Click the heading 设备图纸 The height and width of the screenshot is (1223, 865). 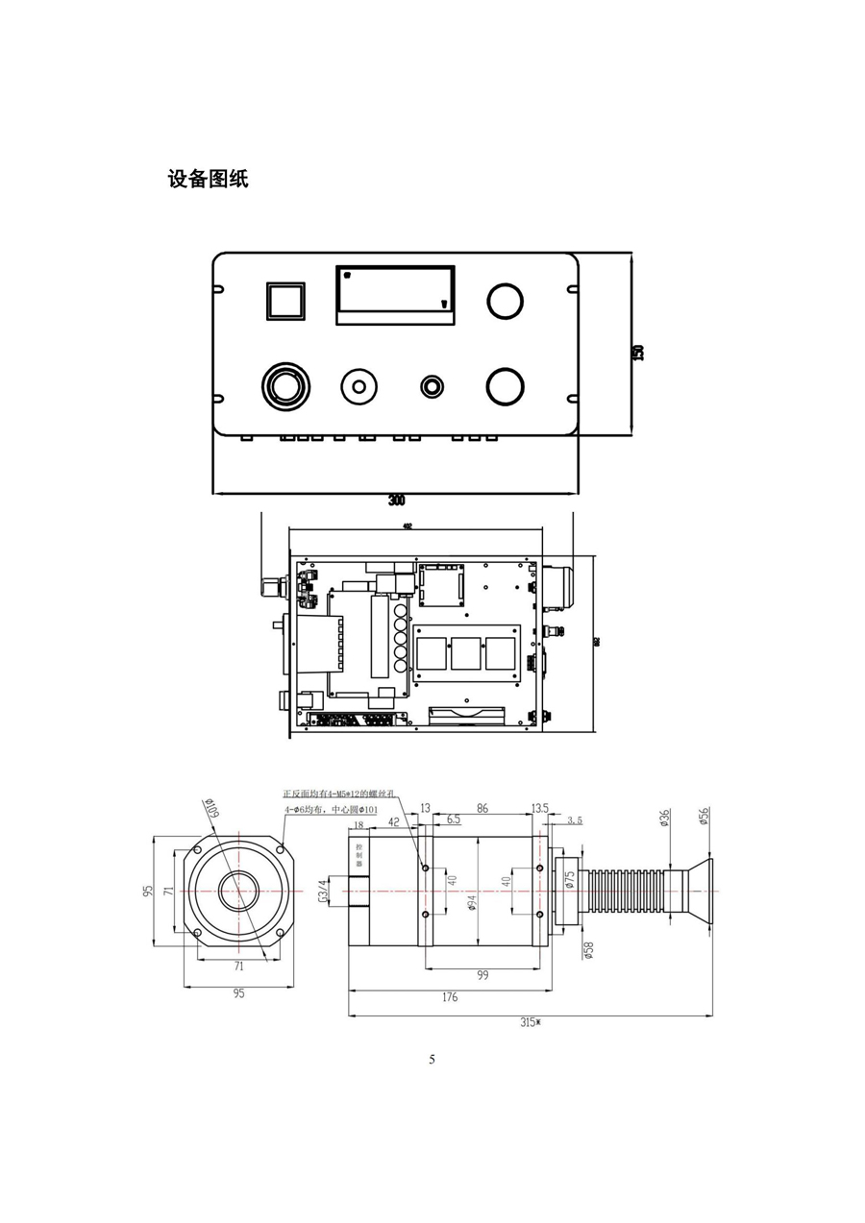pyautogui.click(x=208, y=179)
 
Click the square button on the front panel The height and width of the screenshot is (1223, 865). pyautogui.click(x=284, y=301)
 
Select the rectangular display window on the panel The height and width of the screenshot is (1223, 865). pyautogui.click(x=395, y=295)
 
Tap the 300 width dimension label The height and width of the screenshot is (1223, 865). pyautogui.click(x=396, y=501)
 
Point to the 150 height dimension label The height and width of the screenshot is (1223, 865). pyautogui.click(x=636, y=353)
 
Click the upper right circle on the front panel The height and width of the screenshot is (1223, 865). pyautogui.click(x=505, y=300)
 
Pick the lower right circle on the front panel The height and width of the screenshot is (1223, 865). pyautogui.click(x=505, y=386)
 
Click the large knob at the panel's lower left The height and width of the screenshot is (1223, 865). pyautogui.click(x=285, y=387)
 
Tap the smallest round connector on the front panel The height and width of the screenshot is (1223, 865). pyautogui.click(x=432, y=386)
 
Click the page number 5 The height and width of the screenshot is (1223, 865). pyautogui.click(x=432, y=1059)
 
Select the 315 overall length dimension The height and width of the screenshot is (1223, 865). pyautogui.click(x=531, y=1022)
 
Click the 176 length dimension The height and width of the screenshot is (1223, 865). pyautogui.click(x=449, y=997)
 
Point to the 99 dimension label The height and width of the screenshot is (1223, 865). pyautogui.click(x=482, y=975)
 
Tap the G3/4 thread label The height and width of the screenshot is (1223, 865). pyautogui.click(x=322, y=892)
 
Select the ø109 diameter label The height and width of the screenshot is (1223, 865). pyautogui.click(x=211, y=809)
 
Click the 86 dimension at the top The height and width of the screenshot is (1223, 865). pyautogui.click(x=482, y=809)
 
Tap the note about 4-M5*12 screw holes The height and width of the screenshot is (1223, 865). pyautogui.click(x=340, y=795)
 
